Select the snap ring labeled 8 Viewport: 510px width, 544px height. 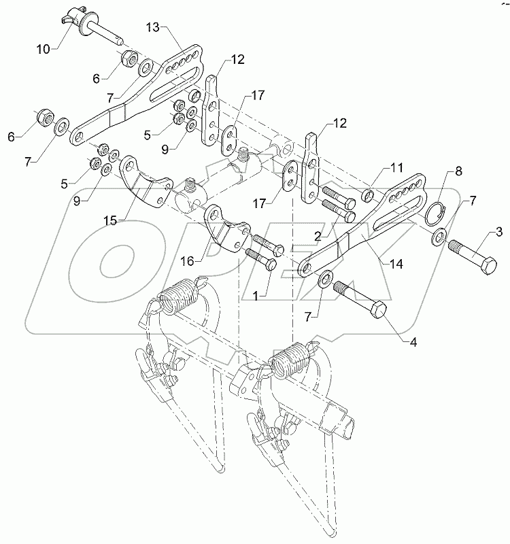(x=435, y=215)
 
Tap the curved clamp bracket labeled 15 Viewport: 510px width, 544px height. (x=146, y=181)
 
